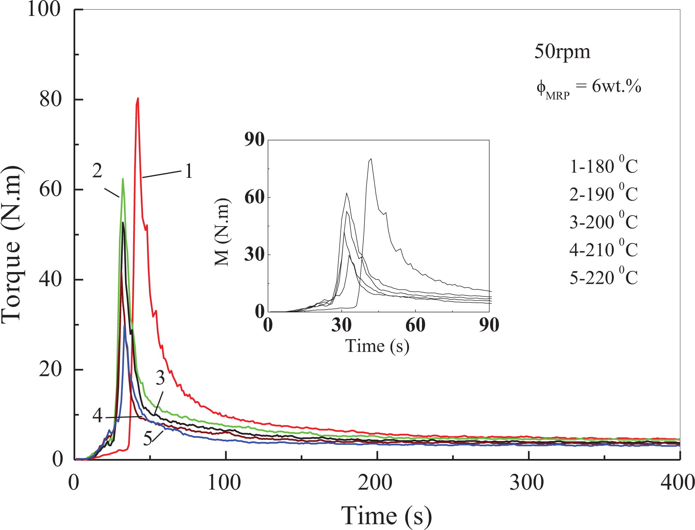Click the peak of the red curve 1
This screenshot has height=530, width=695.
[x=138, y=98]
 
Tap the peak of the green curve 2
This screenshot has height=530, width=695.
[x=123, y=179]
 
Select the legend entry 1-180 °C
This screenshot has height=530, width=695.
[x=604, y=165]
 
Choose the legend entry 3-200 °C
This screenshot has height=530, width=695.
[x=604, y=221]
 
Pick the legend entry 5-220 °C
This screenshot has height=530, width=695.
[x=604, y=277]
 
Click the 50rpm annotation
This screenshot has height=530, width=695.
[x=562, y=52]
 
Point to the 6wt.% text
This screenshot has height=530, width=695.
[x=617, y=86]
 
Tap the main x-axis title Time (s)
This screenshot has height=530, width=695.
[x=386, y=516]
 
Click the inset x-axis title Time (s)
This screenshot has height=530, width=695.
[x=377, y=346]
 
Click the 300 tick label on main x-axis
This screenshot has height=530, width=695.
[x=527, y=482]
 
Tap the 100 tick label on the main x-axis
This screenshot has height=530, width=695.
[x=224, y=482]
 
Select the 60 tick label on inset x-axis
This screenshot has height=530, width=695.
[x=415, y=325]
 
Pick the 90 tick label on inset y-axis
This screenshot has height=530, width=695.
[x=255, y=140]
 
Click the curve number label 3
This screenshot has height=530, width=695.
[x=160, y=378]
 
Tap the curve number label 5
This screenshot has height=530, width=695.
[x=148, y=438]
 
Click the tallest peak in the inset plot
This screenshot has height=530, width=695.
[x=371, y=159]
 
